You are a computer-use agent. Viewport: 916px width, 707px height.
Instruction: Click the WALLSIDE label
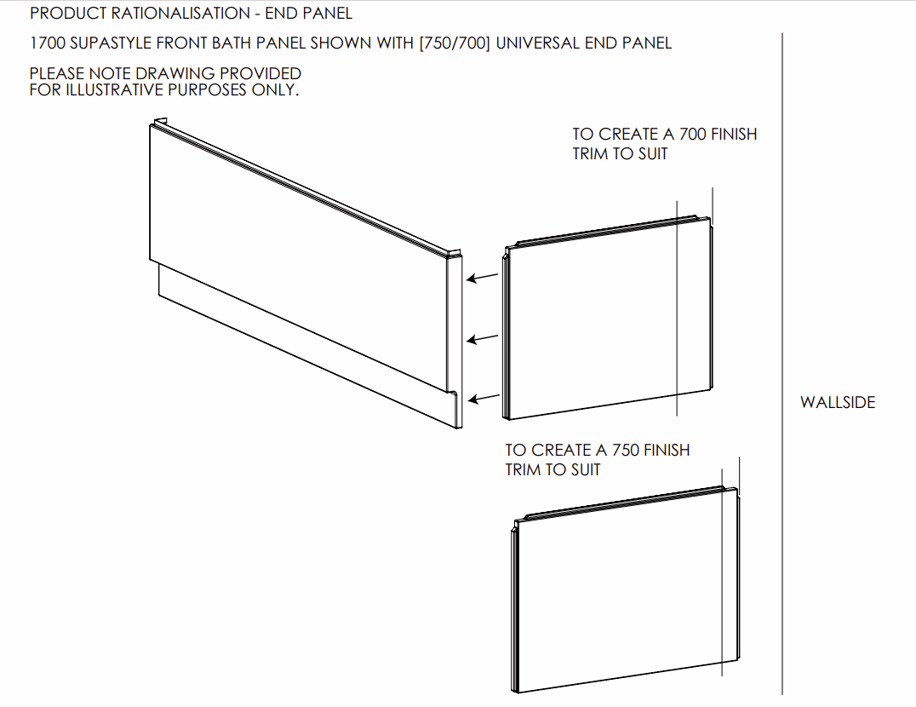[838, 403]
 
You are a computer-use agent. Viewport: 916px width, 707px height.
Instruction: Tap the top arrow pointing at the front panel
[482, 277]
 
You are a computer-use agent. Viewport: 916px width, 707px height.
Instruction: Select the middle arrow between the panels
[483, 338]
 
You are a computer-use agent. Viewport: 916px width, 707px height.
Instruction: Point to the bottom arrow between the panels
[484, 399]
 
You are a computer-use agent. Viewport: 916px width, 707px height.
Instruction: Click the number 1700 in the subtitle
[48, 43]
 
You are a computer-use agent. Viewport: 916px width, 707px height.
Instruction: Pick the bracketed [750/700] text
[455, 43]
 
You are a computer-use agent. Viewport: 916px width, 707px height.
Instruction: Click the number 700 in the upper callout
[692, 135]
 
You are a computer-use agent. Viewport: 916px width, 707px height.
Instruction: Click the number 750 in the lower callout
[626, 451]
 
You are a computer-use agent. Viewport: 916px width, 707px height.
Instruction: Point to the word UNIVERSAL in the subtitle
[535, 43]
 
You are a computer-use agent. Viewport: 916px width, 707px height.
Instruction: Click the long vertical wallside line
[782, 364]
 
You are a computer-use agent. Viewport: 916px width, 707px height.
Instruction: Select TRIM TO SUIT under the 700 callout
[620, 154]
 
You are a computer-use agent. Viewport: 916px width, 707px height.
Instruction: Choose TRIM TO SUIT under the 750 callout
[552, 470]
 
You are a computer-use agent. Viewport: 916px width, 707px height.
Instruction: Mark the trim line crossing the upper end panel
[677, 308]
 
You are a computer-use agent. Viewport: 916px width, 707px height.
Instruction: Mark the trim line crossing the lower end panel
[722, 572]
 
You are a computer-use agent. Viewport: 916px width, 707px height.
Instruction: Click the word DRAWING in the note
[176, 73]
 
